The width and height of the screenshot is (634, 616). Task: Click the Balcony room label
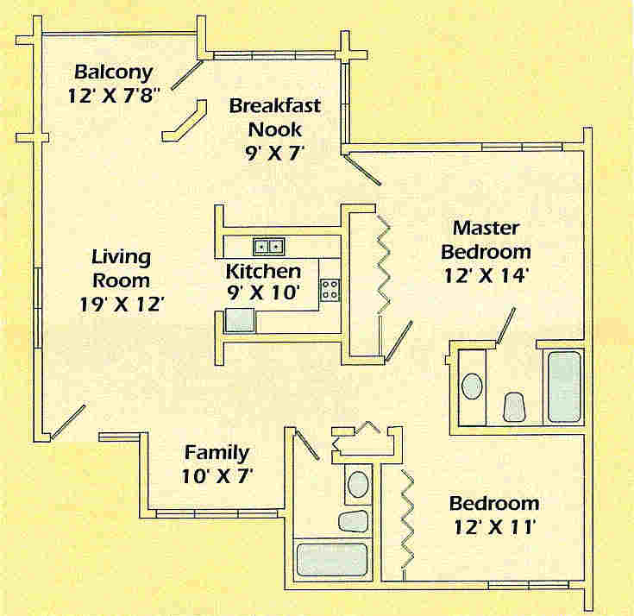[x=114, y=72]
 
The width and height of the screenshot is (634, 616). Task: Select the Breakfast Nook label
[x=275, y=117]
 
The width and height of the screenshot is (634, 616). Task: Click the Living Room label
[x=122, y=268]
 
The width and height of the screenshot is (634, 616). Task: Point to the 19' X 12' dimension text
[x=122, y=305]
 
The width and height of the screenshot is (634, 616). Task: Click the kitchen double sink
[x=269, y=247]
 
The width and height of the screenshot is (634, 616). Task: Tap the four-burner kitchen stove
[x=330, y=290]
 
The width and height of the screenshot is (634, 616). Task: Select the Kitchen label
[x=263, y=271]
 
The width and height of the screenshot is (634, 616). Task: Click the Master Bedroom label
[x=486, y=240]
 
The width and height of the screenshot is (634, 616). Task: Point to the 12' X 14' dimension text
[x=486, y=276]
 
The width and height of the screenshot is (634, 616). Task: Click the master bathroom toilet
[x=514, y=406]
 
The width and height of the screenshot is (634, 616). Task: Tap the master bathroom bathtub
[x=564, y=387]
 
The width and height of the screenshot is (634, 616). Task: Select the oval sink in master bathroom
[x=472, y=386]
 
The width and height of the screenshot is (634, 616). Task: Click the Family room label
[x=217, y=453]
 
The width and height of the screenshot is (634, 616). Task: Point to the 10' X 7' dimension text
[x=217, y=476]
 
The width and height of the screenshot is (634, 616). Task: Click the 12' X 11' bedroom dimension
[x=494, y=527]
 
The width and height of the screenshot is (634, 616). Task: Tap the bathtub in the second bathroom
[x=332, y=561]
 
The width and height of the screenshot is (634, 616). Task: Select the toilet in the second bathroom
[x=353, y=520]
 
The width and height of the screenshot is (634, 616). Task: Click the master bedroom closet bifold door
[x=384, y=264]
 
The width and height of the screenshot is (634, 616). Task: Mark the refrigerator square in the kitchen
[x=240, y=320]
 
